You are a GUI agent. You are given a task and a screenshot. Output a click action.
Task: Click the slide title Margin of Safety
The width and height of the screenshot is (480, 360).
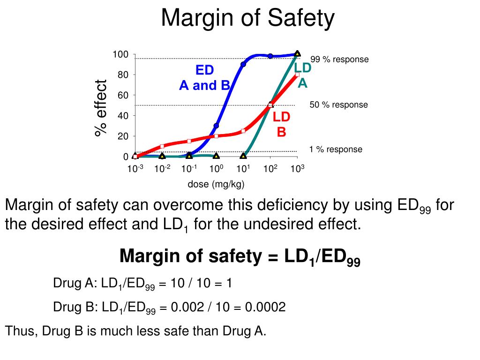click(x=248, y=19)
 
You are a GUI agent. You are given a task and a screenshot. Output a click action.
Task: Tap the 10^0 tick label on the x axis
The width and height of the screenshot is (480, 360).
click(x=215, y=169)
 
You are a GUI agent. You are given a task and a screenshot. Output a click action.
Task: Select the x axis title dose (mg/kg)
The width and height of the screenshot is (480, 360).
click(x=216, y=184)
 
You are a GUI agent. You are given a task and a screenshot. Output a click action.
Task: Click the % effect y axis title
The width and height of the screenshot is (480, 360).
click(x=101, y=108)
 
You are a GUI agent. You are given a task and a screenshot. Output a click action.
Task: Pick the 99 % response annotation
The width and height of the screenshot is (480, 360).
click(x=339, y=60)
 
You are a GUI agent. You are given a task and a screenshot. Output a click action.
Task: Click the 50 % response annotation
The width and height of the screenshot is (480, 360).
click(x=338, y=105)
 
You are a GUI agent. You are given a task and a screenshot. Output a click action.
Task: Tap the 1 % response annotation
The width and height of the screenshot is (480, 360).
click(x=336, y=150)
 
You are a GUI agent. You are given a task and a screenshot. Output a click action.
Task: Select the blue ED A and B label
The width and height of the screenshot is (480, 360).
click(x=205, y=78)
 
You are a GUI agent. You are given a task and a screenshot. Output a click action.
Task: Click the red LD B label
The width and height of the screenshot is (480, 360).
click(x=282, y=124)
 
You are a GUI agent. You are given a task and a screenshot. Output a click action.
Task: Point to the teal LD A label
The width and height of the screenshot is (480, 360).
click(x=303, y=75)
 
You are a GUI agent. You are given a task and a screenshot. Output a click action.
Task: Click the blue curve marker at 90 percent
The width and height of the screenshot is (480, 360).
click(x=243, y=64)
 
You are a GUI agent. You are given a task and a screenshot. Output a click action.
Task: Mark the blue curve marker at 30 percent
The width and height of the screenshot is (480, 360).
click(x=216, y=126)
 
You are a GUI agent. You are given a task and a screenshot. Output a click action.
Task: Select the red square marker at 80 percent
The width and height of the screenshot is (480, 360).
click(x=297, y=74)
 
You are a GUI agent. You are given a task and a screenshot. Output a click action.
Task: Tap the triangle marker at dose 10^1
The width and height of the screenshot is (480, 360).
click(x=243, y=156)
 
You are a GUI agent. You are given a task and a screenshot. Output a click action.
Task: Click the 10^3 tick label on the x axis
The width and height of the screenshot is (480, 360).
click(x=297, y=169)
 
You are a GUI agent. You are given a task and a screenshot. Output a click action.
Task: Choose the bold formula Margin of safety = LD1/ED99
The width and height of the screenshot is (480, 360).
click(x=240, y=257)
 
